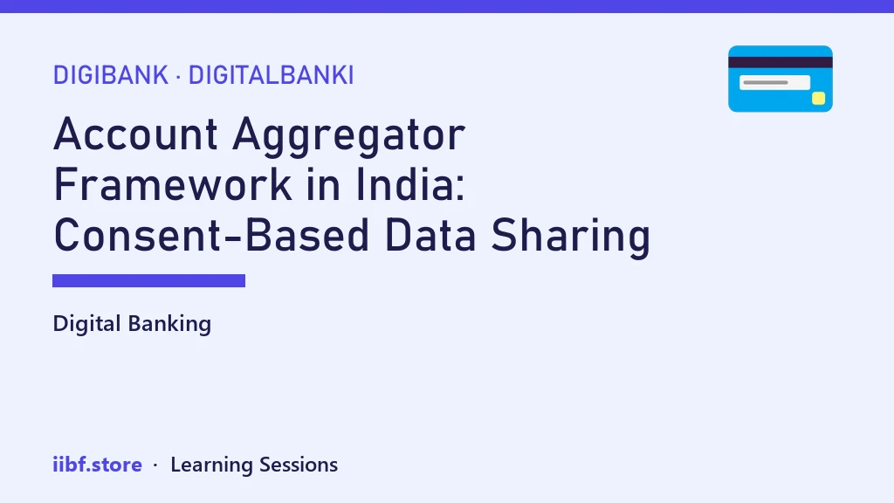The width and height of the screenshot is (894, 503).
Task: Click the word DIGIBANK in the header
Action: (x=111, y=75)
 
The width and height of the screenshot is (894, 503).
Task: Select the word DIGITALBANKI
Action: (x=272, y=75)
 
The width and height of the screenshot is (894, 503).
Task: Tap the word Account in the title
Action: (x=135, y=134)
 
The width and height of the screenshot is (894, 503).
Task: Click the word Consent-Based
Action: (x=211, y=235)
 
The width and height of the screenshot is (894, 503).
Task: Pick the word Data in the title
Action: (x=430, y=235)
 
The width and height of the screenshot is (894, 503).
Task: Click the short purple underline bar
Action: (x=148, y=280)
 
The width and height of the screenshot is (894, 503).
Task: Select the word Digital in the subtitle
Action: (x=86, y=324)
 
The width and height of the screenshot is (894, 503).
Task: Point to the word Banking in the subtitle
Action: (x=170, y=324)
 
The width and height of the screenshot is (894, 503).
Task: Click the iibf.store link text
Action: (x=98, y=465)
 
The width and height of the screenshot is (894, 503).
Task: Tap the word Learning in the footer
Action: (x=211, y=465)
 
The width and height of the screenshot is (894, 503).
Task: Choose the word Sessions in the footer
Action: (x=299, y=465)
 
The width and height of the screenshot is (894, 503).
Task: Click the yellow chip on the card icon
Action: (x=819, y=98)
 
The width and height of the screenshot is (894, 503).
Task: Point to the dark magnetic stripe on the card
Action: (x=781, y=63)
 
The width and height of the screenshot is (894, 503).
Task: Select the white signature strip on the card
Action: (x=775, y=83)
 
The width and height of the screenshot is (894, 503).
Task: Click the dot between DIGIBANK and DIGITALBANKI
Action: (x=178, y=77)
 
